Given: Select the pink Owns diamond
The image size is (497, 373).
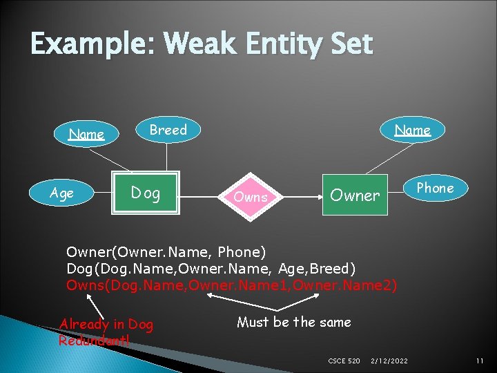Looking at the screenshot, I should (251, 197).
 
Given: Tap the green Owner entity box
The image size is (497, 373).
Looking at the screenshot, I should (354, 195).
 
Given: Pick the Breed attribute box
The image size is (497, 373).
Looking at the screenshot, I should (168, 130).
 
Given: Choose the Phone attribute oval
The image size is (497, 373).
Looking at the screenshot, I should (435, 188).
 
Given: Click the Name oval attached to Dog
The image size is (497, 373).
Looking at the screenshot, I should (87, 134).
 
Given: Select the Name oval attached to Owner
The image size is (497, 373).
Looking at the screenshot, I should (412, 130).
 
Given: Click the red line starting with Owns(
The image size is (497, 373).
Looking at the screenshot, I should (231, 285).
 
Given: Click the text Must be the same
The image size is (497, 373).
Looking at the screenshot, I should (293, 322).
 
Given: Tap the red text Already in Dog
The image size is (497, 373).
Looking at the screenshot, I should (106, 324).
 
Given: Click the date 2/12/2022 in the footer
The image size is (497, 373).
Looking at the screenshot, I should (389, 361).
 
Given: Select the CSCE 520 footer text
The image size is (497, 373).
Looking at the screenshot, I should (344, 361).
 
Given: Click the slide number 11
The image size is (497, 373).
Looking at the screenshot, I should (478, 361).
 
